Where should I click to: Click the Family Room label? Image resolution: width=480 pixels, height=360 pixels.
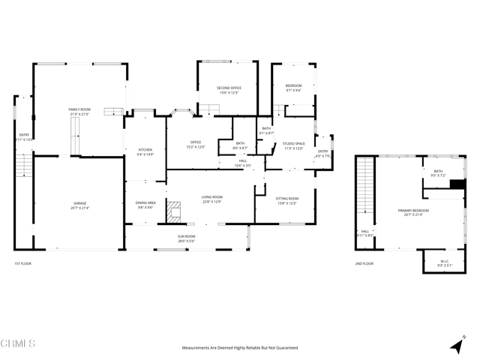click(79, 111)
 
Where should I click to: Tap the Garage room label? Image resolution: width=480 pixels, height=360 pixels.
click(79, 205)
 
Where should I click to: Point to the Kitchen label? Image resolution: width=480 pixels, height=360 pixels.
click(145, 151)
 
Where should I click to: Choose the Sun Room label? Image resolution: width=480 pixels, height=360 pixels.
click(186, 238)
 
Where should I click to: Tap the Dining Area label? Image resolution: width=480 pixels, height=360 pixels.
click(145, 205)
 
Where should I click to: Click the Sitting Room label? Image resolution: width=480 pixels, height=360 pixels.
click(287, 200)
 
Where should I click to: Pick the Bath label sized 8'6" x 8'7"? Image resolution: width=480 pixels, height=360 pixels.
click(240, 145)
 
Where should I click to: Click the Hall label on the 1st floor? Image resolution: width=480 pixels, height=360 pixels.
click(243, 162)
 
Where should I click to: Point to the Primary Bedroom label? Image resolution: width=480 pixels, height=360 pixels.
click(416, 212)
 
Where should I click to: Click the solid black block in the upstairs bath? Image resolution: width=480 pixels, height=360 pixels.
click(457, 184)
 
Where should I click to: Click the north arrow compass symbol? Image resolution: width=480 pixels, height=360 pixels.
click(457, 345)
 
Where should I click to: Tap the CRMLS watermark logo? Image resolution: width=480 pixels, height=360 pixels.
click(18, 343)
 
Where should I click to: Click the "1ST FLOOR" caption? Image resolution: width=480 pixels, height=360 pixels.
click(22, 264)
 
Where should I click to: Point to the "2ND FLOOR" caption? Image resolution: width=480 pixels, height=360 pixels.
click(364, 264)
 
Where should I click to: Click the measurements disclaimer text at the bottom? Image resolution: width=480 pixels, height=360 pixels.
click(240, 348)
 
